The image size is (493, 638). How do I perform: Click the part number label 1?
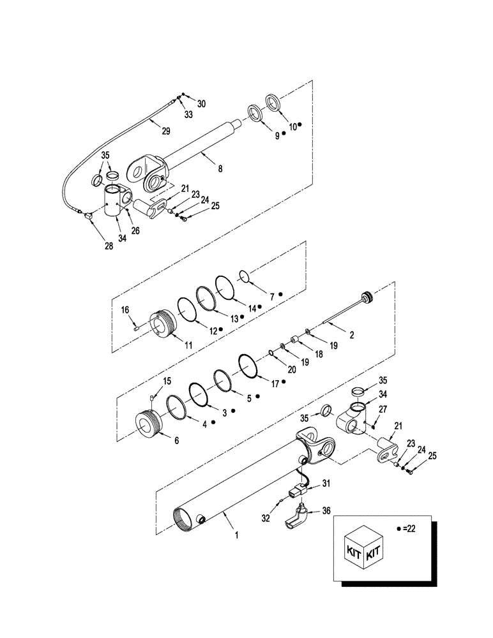236,537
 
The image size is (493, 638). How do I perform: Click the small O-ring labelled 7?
243,276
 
